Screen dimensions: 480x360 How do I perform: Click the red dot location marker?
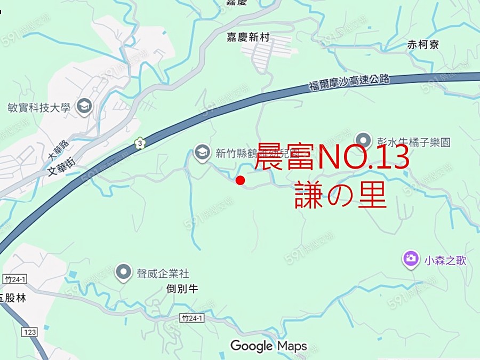point(241,180)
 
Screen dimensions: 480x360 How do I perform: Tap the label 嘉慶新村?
point(249,37)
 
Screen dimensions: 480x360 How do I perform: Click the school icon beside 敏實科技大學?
point(84,107)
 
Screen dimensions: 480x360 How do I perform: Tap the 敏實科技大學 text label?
point(39,108)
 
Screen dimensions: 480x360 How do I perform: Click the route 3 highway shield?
point(140,143)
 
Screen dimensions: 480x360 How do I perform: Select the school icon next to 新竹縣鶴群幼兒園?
point(202,153)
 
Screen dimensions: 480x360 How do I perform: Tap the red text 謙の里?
point(340,196)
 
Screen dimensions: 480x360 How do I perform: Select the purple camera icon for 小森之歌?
point(410,259)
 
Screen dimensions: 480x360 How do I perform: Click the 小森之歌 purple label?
point(445,260)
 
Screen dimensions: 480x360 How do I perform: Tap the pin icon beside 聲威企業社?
point(124,273)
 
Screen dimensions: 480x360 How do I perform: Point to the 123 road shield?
point(30,332)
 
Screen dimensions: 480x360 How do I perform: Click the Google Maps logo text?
point(268,346)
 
